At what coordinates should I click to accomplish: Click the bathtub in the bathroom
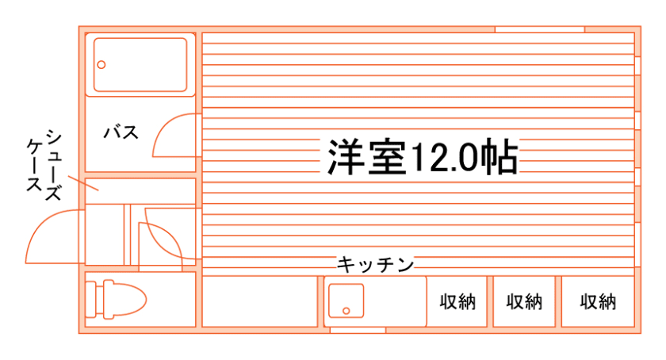point(140,65)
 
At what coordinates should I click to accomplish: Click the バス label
point(121,132)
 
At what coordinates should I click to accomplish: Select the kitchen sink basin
point(345,302)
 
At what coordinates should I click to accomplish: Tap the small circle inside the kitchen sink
point(345,310)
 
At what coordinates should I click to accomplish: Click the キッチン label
point(376,264)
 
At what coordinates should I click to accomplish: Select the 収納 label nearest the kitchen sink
point(457,302)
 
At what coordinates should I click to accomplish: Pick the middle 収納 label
point(525,302)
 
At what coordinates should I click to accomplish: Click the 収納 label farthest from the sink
point(598,302)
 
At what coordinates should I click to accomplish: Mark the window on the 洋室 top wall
point(539,29)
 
